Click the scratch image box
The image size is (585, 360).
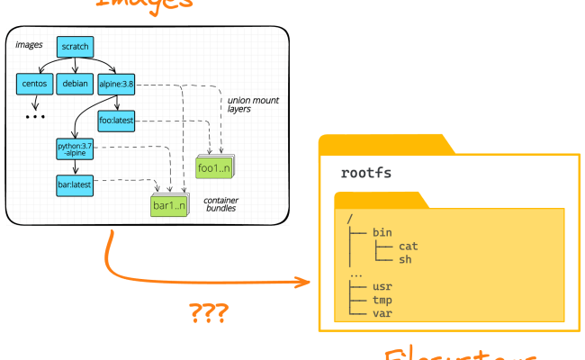(x=75, y=47)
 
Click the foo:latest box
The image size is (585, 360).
(x=116, y=121)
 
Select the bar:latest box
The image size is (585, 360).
(x=75, y=184)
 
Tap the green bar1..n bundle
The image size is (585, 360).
(x=168, y=206)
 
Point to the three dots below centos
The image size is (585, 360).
(x=35, y=117)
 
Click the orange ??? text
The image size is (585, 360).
(x=208, y=313)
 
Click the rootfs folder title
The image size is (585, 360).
(x=366, y=172)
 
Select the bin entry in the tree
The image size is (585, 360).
(x=382, y=232)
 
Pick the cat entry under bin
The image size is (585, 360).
(x=408, y=246)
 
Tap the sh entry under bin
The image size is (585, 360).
(x=405, y=259)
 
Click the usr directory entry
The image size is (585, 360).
(x=382, y=286)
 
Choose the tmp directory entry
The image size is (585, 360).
(x=382, y=300)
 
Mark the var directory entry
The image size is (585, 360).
(x=382, y=313)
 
